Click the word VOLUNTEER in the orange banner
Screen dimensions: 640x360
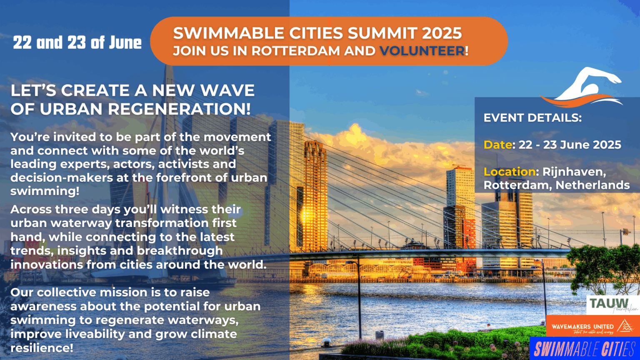point(422,51)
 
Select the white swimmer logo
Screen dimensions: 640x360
point(581,87)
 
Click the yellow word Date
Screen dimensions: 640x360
point(498,145)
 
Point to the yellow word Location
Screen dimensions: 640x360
point(510,172)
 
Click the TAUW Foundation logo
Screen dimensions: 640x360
point(612,305)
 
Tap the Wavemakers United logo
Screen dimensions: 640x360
point(593,326)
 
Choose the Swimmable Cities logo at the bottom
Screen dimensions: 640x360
point(585,349)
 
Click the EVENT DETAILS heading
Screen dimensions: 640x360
point(532,118)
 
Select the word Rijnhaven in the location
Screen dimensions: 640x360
point(574,172)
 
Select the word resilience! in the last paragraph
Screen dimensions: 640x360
point(42,348)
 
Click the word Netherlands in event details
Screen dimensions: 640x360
point(592,185)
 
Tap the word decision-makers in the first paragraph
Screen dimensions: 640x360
point(62,178)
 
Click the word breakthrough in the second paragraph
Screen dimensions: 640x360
point(180,251)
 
